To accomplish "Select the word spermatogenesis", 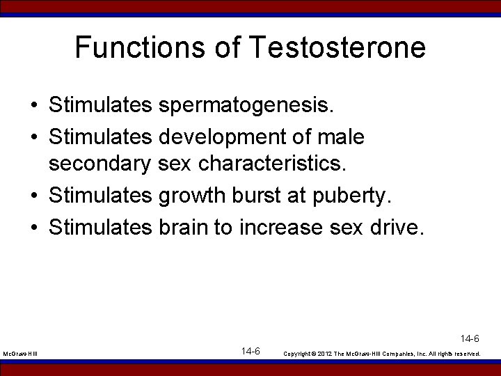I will pos(247,107).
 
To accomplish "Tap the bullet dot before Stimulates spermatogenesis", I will pos(34,107).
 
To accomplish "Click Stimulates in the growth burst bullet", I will pos(100,196).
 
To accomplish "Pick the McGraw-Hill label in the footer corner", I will pos(20,354).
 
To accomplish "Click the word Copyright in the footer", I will pos(298,354).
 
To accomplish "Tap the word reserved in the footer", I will pos(466,354).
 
